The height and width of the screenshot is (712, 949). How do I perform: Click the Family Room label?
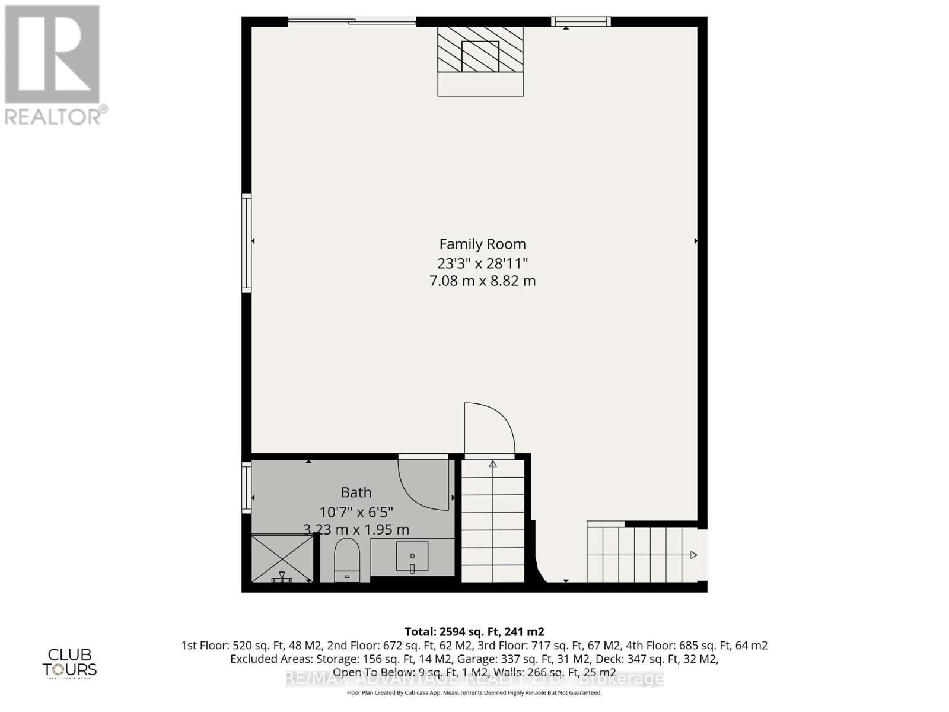point(482,244)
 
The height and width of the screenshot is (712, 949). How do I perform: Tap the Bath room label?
point(356,492)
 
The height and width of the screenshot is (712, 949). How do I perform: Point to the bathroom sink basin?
point(412,557)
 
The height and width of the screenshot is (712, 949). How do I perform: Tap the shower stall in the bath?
point(282,558)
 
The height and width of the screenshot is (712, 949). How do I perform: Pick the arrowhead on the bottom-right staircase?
point(693,555)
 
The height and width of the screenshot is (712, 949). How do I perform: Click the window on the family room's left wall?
point(246,242)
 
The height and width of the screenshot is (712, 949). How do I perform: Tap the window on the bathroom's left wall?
point(246,488)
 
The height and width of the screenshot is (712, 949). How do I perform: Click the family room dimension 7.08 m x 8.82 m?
point(482,281)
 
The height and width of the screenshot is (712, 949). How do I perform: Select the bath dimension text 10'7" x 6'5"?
point(356,511)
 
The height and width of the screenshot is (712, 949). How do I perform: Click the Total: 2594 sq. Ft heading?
point(474,632)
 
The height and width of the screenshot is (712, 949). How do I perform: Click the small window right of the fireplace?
point(581,22)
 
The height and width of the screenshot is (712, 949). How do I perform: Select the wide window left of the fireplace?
point(352,22)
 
